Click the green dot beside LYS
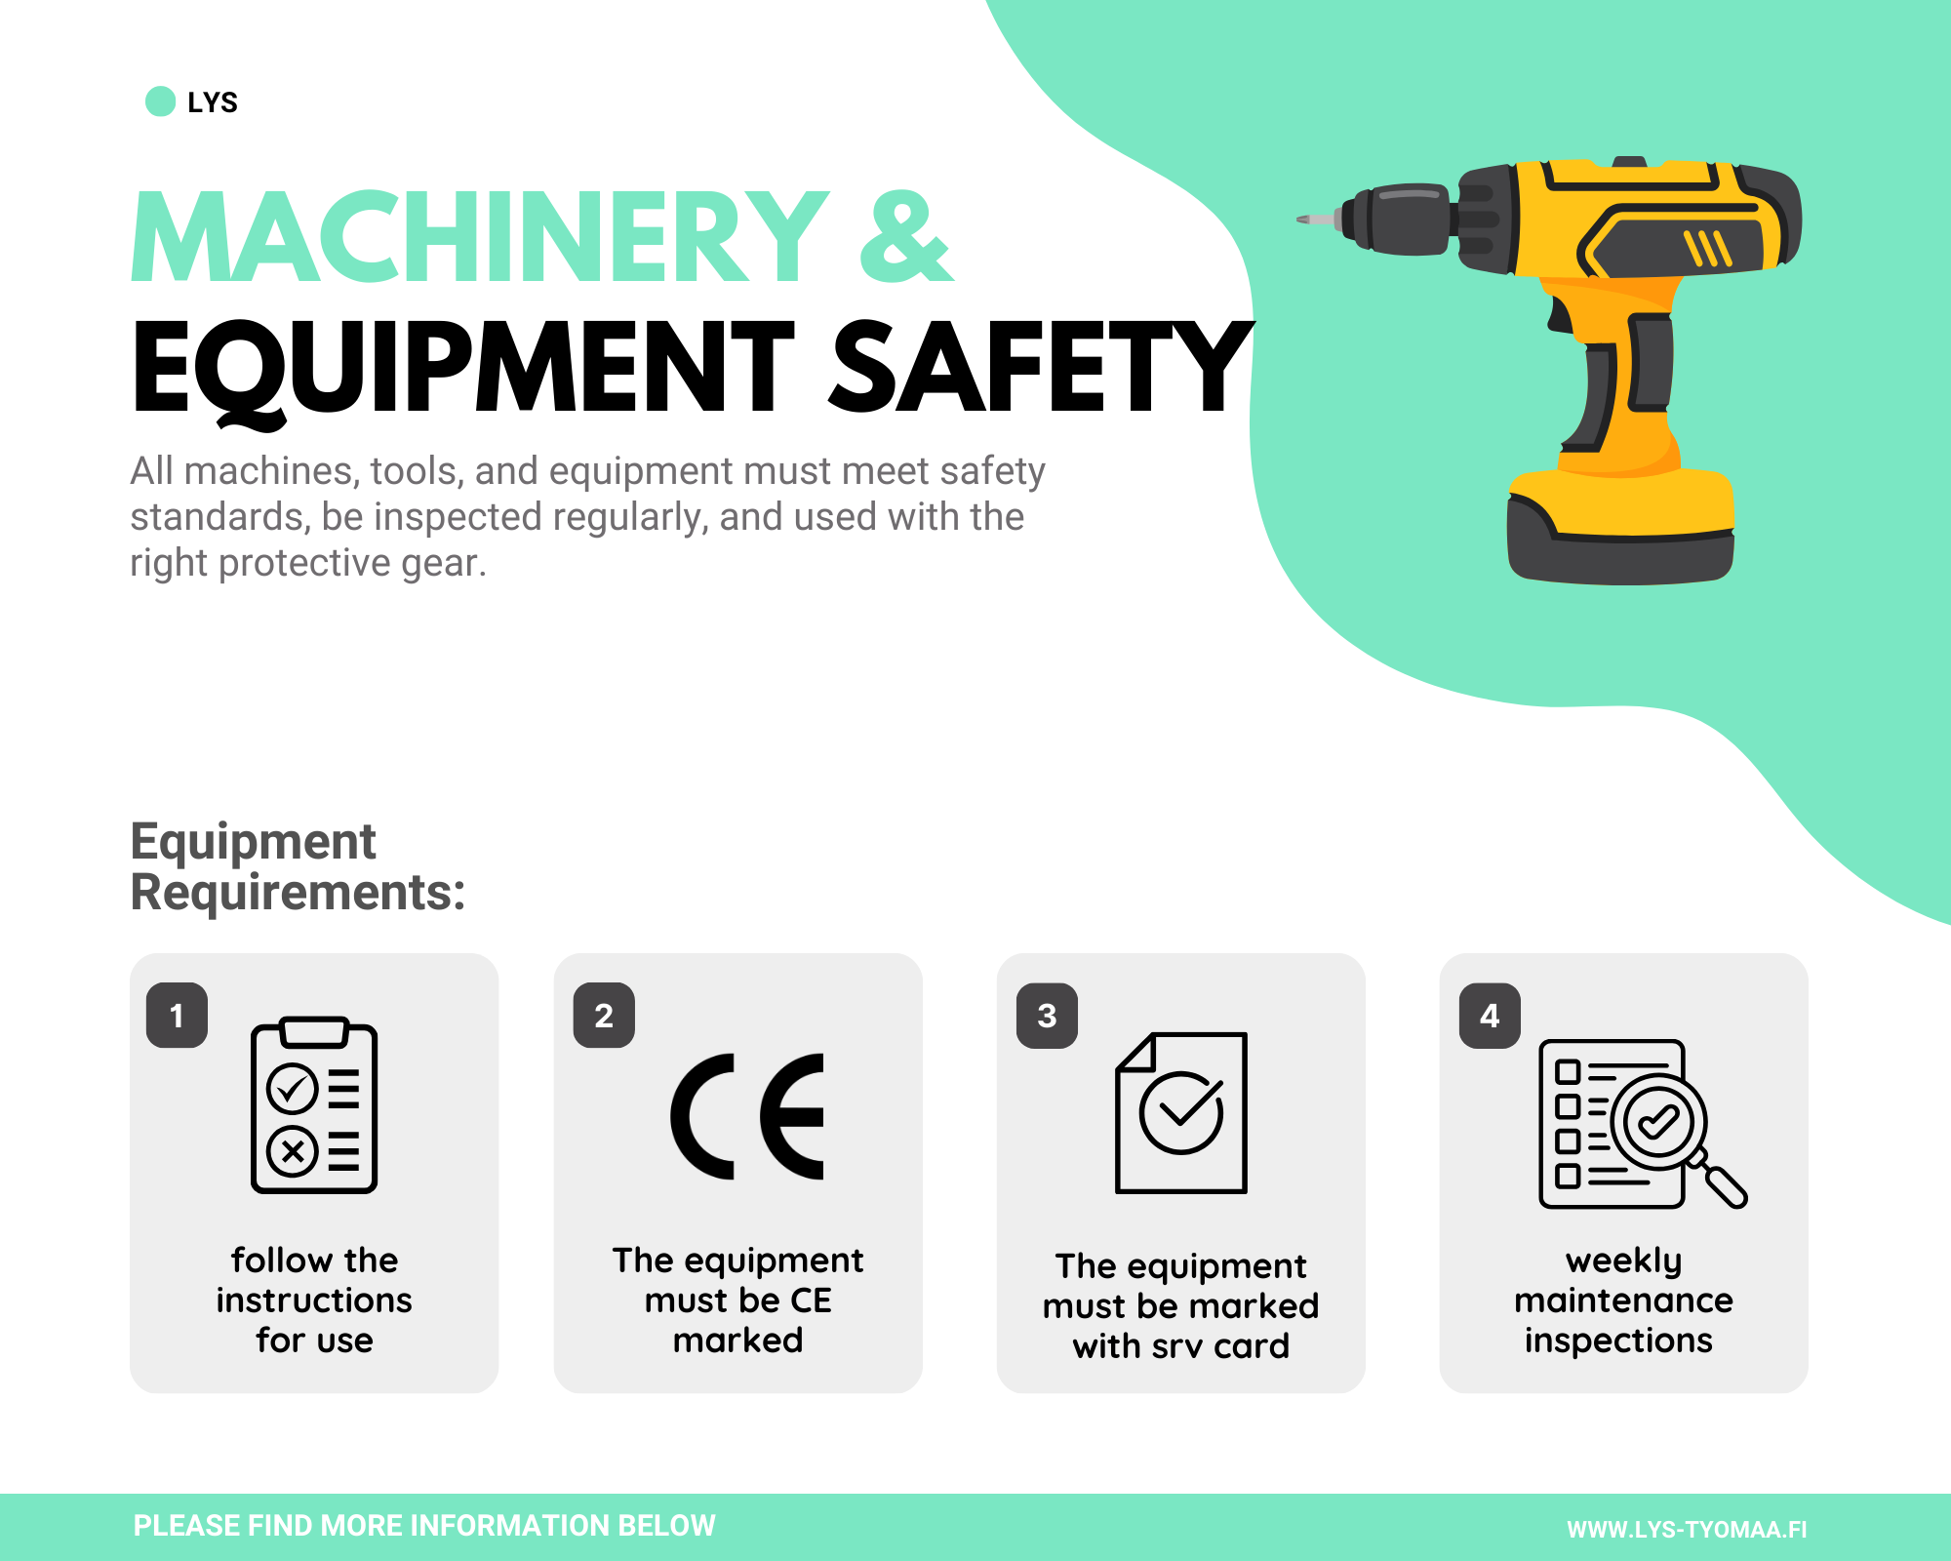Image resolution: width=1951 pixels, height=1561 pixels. point(160,101)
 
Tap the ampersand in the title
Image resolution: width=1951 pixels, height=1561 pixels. point(905,237)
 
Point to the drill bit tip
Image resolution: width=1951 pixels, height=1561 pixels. point(1299,220)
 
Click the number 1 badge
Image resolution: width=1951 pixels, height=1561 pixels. point(177,1016)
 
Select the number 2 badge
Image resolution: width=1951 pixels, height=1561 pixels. point(604,1016)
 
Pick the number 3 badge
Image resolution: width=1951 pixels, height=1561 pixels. point(1047,1016)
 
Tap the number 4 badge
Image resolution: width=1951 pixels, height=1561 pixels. point(1490,1016)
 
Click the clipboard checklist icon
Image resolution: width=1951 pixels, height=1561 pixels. point(314,1105)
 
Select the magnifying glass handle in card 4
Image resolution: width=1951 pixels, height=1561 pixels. point(1724,1185)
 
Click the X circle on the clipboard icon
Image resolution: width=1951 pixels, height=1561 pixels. point(293,1152)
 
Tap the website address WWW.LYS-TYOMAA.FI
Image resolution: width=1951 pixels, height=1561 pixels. point(1687,1529)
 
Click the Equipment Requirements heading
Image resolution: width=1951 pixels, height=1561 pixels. point(299,866)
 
